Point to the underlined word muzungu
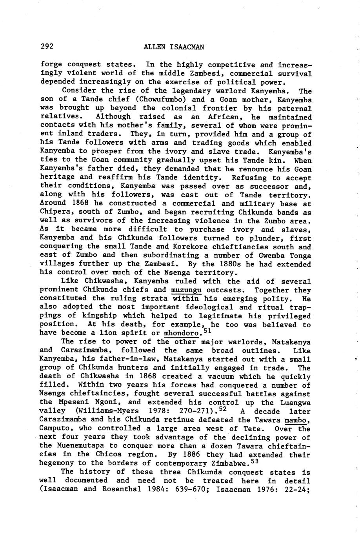pos(186,290)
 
